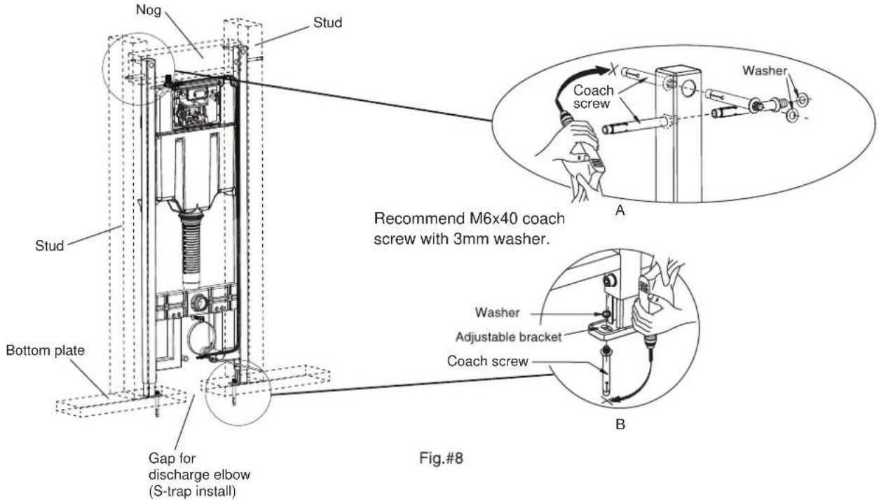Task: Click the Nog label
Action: (x=149, y=10)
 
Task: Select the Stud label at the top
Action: (x=327, y=22)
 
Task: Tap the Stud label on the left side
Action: (x=50, y=246)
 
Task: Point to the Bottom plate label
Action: (x=46, y=350)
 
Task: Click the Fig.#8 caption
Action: (x=441, y=458)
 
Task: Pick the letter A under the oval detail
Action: (x=620, y=211)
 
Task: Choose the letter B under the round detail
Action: (x=620, y=424)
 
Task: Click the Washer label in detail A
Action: (x=765, y=71)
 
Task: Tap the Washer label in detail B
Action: (x=497, y=312)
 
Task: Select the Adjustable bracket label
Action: (x=509, y=337)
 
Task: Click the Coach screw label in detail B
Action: (x=487, y=361)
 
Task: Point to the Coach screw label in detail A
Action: (x=593, y=97)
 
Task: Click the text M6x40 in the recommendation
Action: (x=504, y=218)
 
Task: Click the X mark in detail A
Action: (x=613, y=71)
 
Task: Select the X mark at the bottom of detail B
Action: (x=607, y=401)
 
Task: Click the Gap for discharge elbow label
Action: (x=199, y=475)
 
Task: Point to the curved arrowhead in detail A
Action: (x=601, y=71)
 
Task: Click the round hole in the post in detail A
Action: (x=688, y=89)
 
